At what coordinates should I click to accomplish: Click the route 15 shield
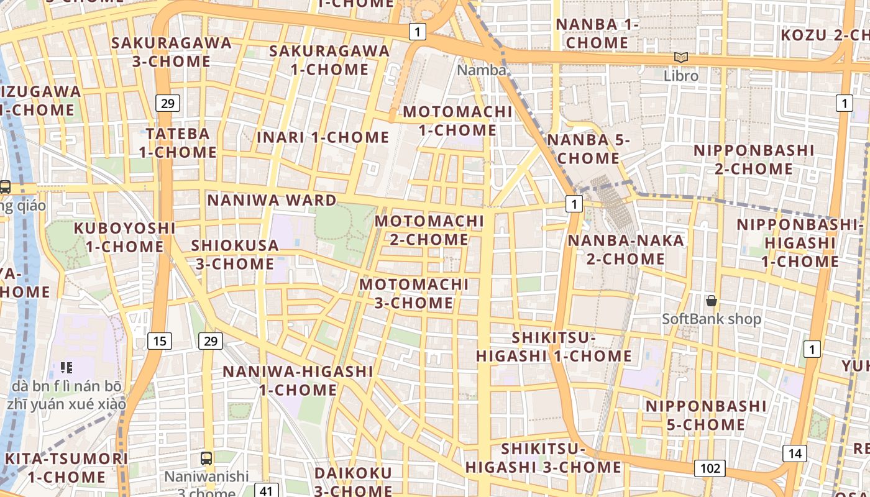pyautogui.click(x=160, y=340)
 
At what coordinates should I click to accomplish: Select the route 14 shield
pyautogui.click(x=795, y=454)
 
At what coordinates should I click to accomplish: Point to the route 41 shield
pyautogui.click(x=266, y=491)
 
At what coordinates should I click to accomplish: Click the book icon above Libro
pyautogui.click(x=681, y=57)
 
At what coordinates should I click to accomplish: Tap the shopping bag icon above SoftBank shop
pyautogui.click(x=712, y=301)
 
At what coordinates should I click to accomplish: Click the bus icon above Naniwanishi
pyautogui.click(x=206, y=458)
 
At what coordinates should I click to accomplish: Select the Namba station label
pyautogui.click(x=482, y=70)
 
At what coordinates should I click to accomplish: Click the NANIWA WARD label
pyautogui.click(x=272, y=200)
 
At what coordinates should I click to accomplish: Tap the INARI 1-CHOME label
pyautogui.click(x=323, y=137)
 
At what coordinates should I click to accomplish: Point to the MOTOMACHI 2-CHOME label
pyautogui.click(x=429, y=230)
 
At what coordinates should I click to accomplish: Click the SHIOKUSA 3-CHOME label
pyautogui.click(x=235, y=254)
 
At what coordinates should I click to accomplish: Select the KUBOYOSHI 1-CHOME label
pyautogui.click(x=124, y=237)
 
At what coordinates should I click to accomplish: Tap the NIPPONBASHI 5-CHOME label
pyautogui.click(x=706, y=415)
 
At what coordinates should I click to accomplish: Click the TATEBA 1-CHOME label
pyautogui.click(x=178, y=142)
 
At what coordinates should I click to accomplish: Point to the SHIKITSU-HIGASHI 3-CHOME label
pyautogui.click(x=544, y=458)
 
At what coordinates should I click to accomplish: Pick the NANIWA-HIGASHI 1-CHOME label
pyautogui.click(x=298, y=381)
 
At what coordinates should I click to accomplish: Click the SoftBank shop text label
pyautogui.click(x=711, y=319)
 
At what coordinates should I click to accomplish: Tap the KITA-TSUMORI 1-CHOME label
pyautogui.click(x=66, y=468)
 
